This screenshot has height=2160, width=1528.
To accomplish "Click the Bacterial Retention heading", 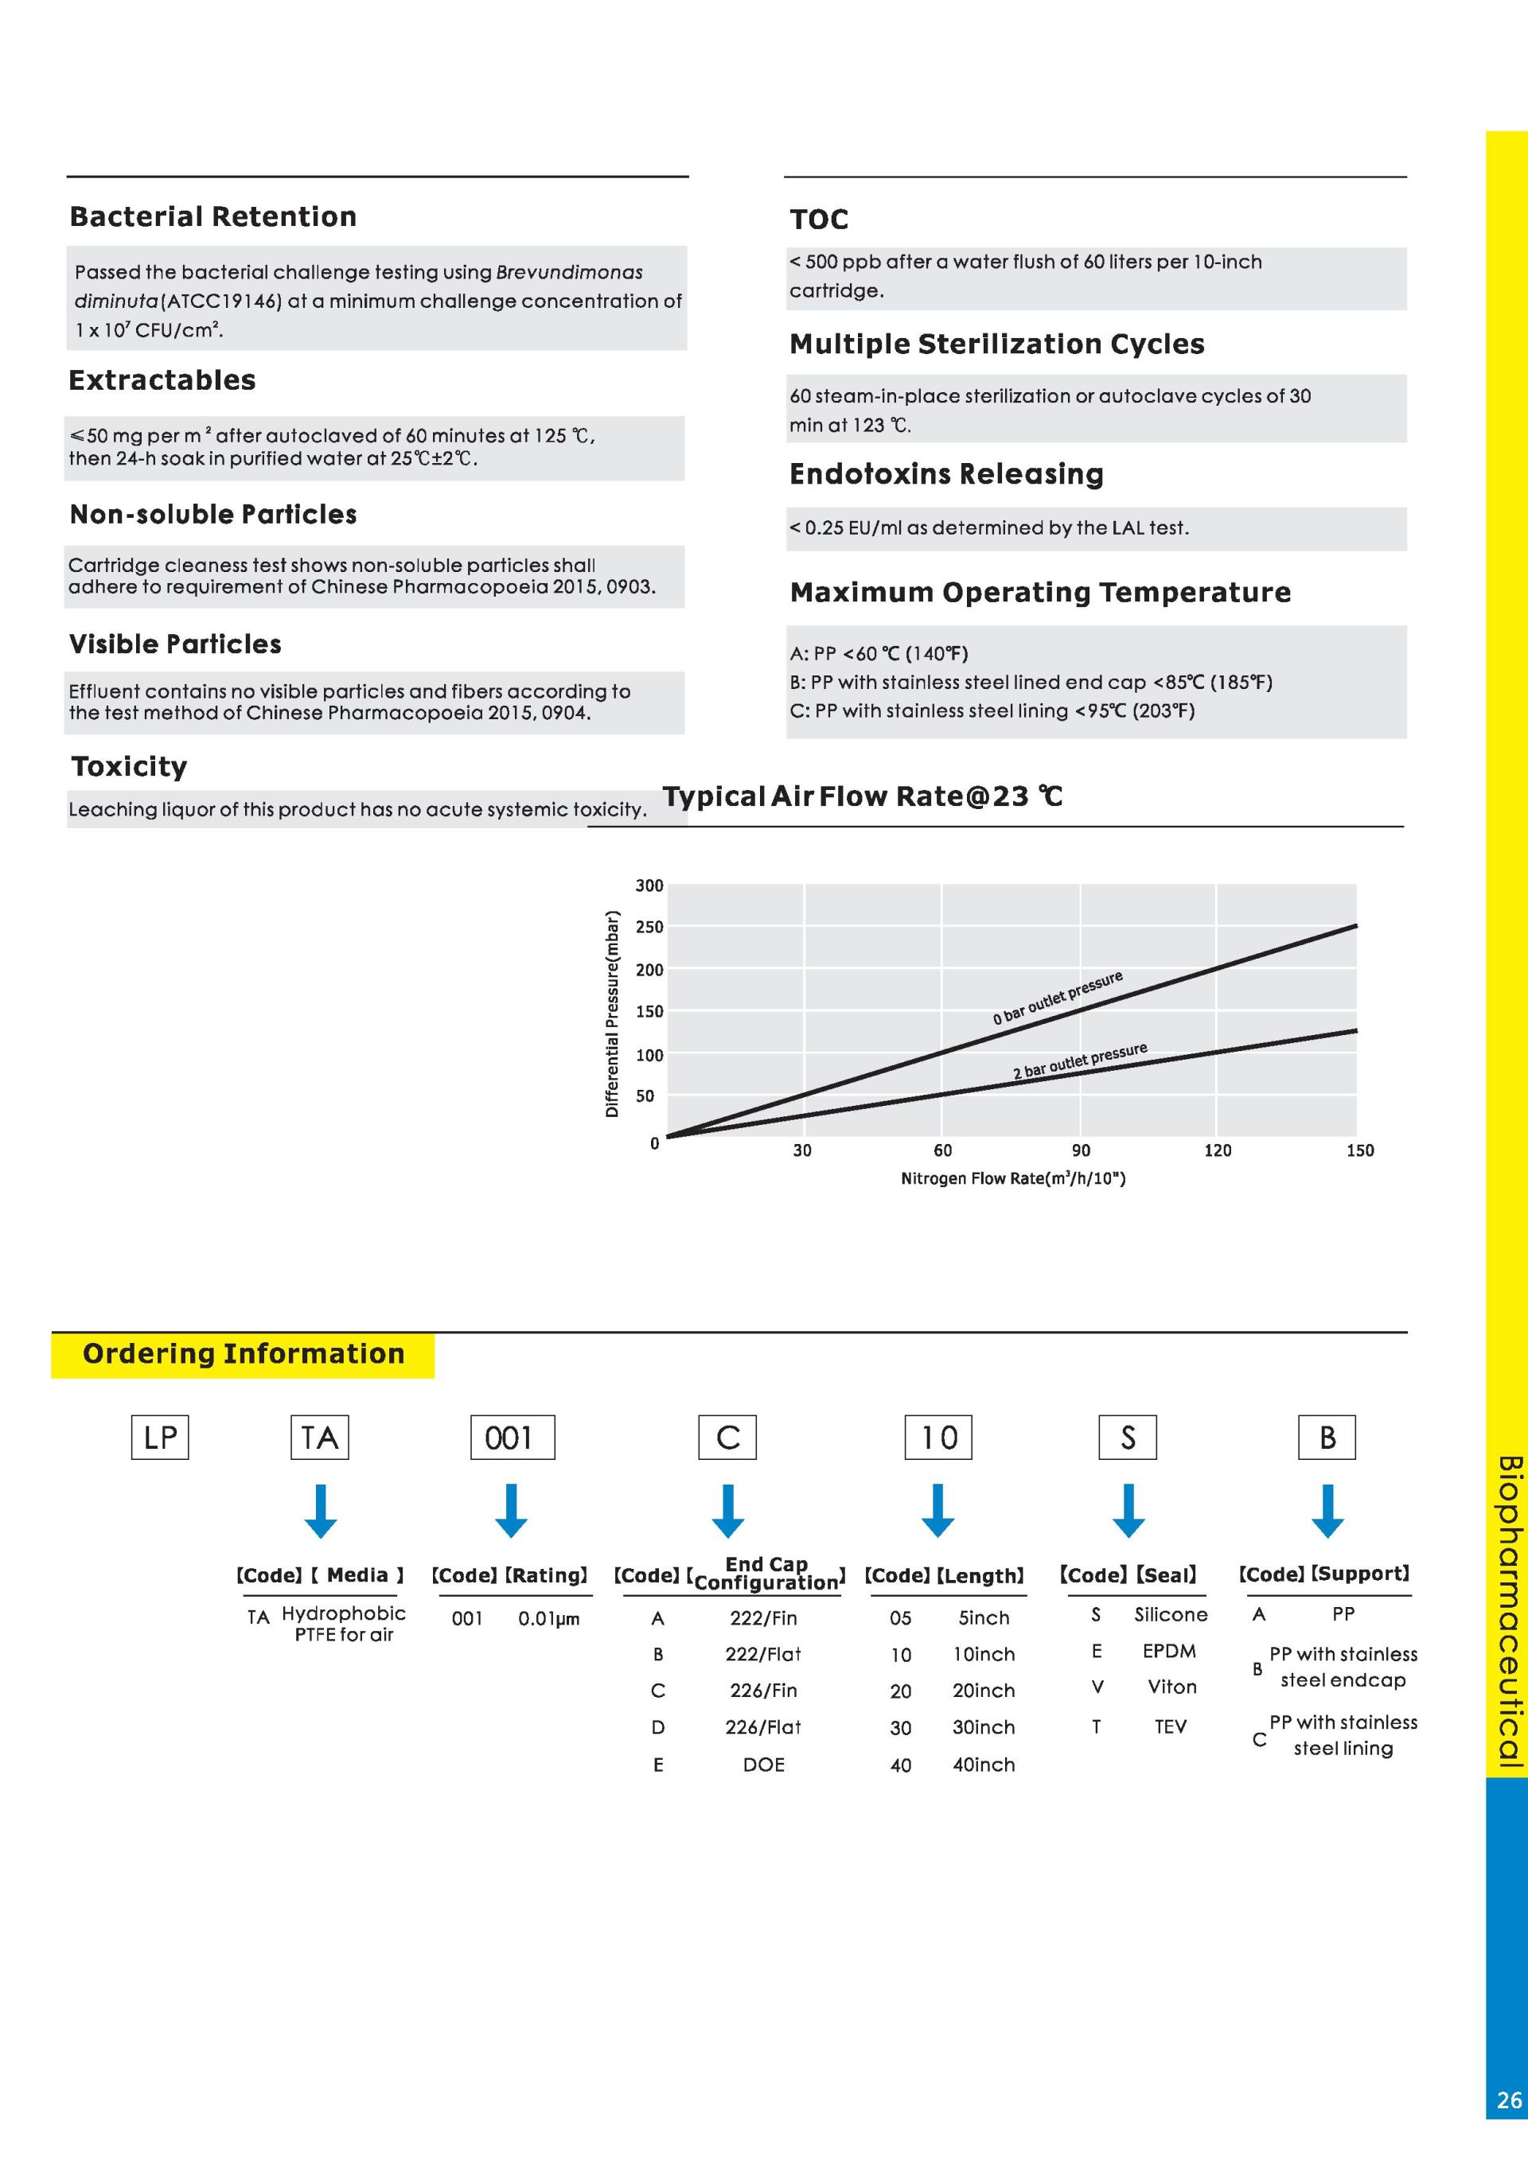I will tap(212, 216).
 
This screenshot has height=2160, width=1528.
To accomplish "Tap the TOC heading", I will tap(819, 220).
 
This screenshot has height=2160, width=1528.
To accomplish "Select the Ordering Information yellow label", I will tap(243, 1354).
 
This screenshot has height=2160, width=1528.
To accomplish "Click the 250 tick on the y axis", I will tap(649, 927).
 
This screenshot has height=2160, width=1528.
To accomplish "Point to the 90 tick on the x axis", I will tap(1081, 1150).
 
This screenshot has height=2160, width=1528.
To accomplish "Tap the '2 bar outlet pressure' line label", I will tap(1079, 1061).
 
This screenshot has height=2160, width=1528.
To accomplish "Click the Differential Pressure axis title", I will tap(613, 1014).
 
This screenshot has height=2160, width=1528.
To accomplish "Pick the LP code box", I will tap(160, 1437).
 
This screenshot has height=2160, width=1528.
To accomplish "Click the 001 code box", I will tap(512, 1437).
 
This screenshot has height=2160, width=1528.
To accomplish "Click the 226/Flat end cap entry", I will tap(763, 1726).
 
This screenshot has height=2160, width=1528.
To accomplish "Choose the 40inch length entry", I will tap(983, 1764).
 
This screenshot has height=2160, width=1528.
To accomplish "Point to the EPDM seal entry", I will tap(1168, 1651).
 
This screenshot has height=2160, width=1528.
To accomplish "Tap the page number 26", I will tap(1508, 2100).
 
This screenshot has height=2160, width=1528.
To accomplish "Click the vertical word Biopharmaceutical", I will tap(1508, 1609).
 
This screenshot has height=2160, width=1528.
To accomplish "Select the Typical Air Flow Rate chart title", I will tap(862, 797).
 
